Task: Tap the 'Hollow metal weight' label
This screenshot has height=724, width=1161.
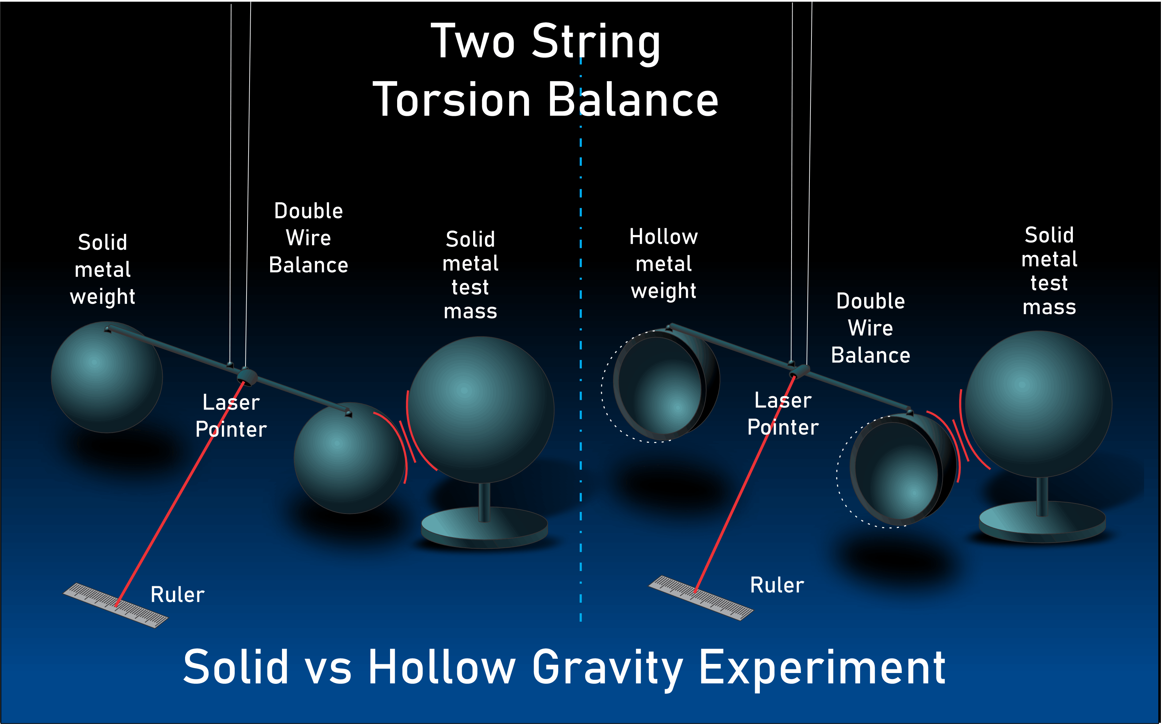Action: [x=664, y=264]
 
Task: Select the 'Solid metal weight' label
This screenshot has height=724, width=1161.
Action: [x=102, y=269]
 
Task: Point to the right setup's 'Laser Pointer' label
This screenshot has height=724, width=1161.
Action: [x=783, y=414]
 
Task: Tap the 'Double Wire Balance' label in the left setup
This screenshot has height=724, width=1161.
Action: [x=308, y=238]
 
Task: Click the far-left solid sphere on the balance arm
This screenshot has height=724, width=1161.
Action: [x=106, y=377]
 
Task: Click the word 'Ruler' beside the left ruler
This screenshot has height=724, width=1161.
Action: [x=178, y=595]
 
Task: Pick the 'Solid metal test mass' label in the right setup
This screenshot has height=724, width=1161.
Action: [x=1049, y=271]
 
